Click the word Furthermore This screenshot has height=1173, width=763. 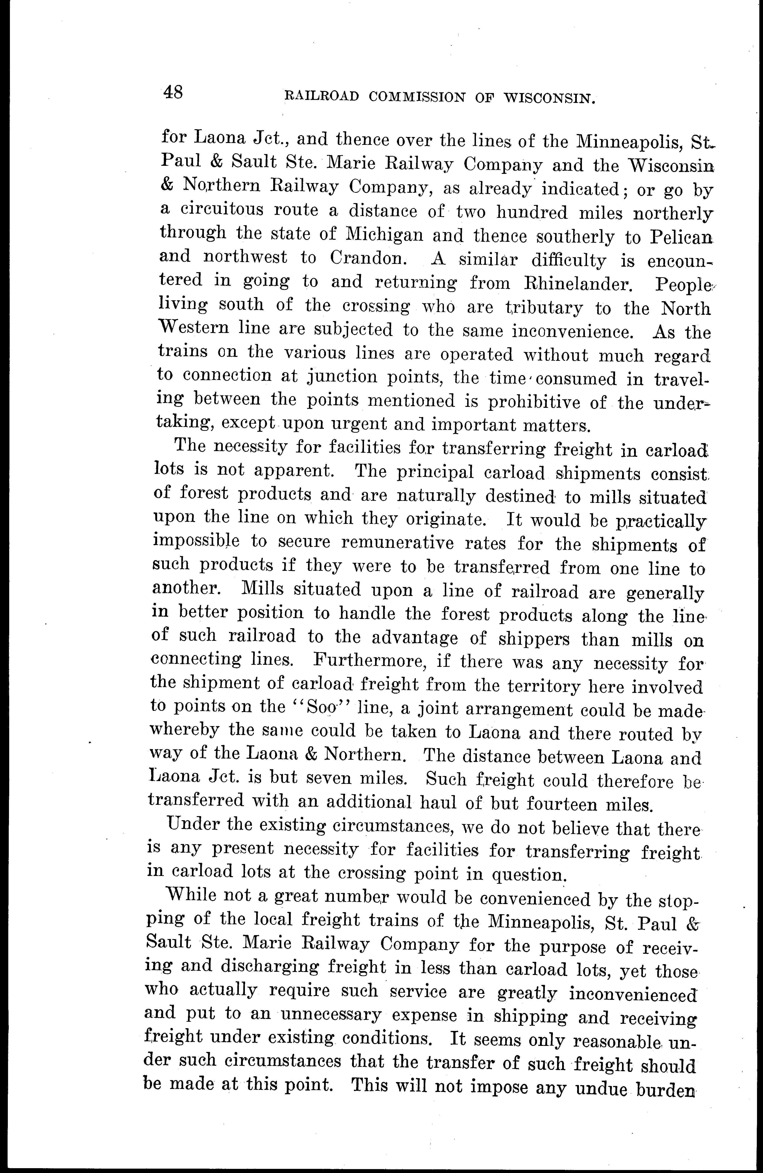click(370, 660)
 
